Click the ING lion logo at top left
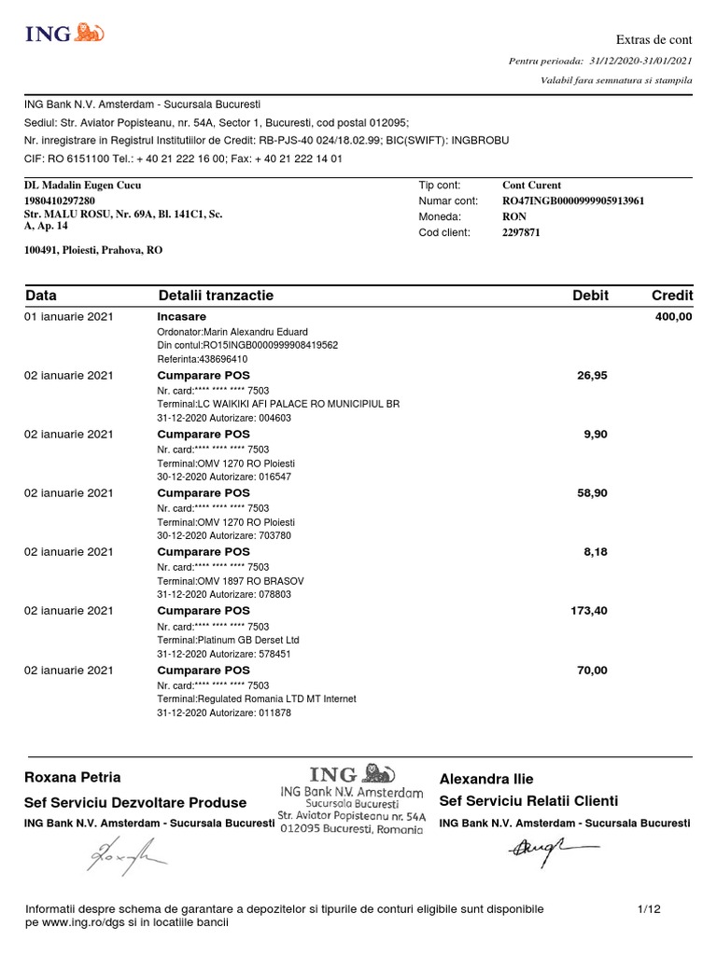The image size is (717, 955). pyautogui.click(x=64, y=34)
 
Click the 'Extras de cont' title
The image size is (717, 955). pyautogui.click(x=654, y=39)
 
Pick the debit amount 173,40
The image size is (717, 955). pyautogui.click(x=588, y=611)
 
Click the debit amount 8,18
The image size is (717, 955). pyautogui.click(x=595, y=552)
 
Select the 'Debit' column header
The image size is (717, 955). pyautogui.click(x=590, y=296)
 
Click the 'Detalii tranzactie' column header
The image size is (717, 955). pyautogui.click(x=216, y=296)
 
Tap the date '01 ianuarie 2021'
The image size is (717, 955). pyautogui.click(x=69, y=317)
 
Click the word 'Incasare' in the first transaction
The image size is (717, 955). pyautogui.click(x=182, y=317)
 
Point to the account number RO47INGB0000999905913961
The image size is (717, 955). pyautogui.click(x=573, y=201)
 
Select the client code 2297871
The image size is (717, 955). pyautogui.click(x=521, y=232)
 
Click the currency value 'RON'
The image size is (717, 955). pyautogui.click(x=514, y=216)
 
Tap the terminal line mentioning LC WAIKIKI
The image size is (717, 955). pyautogui.click(x=278, y=405)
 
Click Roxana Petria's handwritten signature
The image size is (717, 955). pyautogui.click(x=125, y=853)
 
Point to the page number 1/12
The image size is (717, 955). pyautogui.click(x=649, y=908)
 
